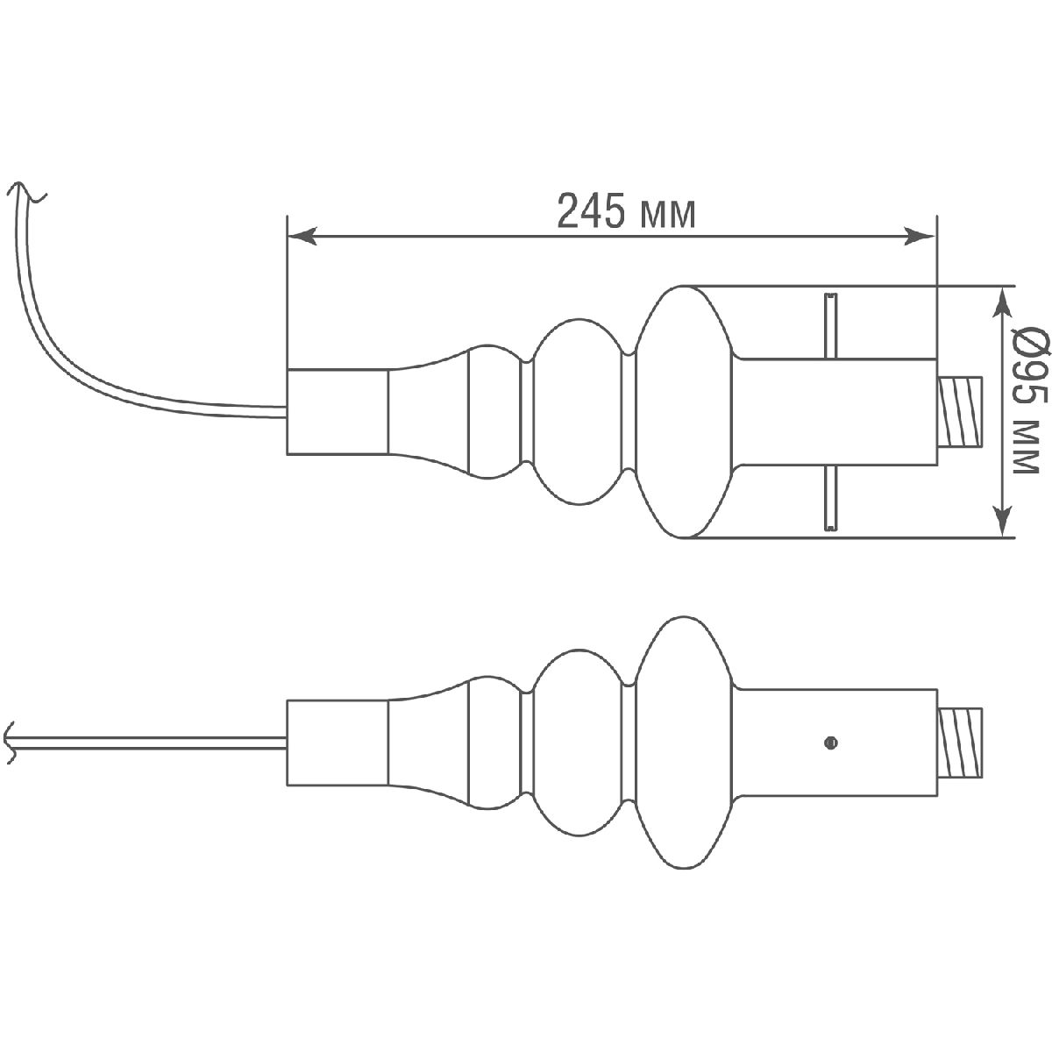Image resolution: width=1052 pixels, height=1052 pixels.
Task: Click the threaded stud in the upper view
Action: pyautogui.click(x=961, y=411)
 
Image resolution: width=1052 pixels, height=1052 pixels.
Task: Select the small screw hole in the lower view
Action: pyautogui.click(x=830, y=743)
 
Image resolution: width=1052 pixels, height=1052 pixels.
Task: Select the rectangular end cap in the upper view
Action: pyautogui.click(x=338, y=411)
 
